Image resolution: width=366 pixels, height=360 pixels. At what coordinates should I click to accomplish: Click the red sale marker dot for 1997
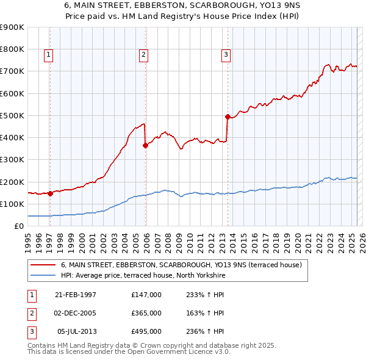[50, 193]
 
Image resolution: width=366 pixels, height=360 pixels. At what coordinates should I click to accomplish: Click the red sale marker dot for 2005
[145, 145]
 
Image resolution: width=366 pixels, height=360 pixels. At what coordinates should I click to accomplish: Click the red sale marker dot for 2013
[228, 117]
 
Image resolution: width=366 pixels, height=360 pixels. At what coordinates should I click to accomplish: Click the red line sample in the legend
[43, 265]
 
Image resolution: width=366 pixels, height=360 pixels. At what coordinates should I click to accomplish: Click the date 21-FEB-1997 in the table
[76, 295]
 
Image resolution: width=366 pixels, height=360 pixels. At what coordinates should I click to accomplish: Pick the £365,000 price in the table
[146, 313]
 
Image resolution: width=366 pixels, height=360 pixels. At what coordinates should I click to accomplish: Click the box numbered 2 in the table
[30, 313]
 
